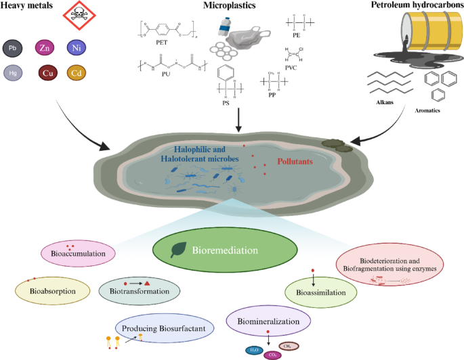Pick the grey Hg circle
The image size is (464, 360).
(x=12, y=72)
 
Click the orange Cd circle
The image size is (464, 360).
(x=77, y=72)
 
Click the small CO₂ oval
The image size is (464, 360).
(x=273, y=352)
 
